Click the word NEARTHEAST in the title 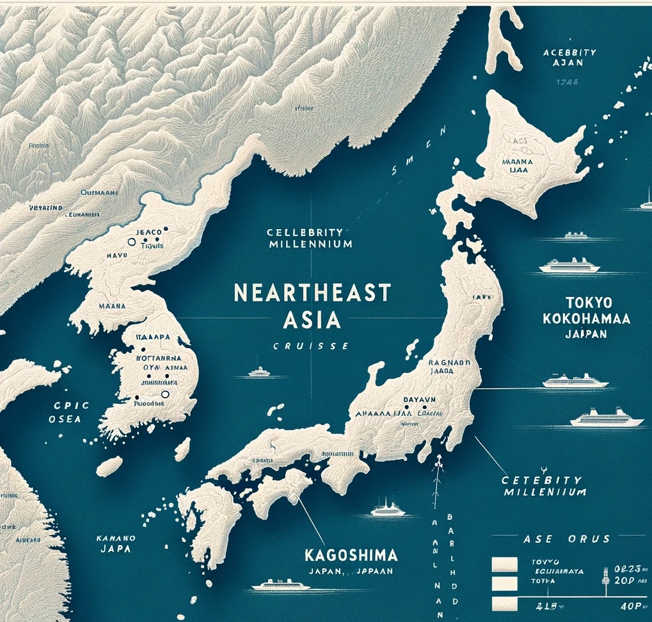(x=312, y=293)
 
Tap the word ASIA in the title (x=312, y=319)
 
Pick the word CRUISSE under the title (x=310, y=346)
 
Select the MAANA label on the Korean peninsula (x=110, y=307)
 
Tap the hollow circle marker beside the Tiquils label (x=132, y=243)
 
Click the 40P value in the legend (x=632, y=604)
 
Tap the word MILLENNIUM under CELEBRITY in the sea (x=310, y=244)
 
